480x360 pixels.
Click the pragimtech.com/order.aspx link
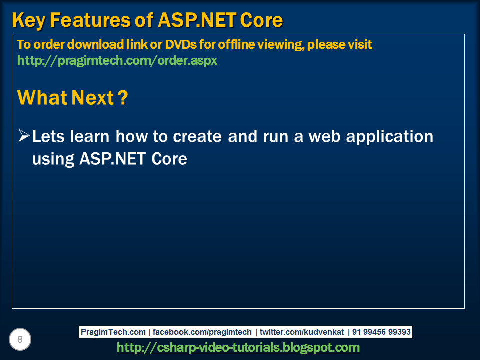click(117, 61)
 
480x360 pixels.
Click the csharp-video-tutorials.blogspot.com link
click(238, 347)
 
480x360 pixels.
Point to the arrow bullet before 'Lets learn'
click(23, 135)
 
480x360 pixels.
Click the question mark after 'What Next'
click(122, 98)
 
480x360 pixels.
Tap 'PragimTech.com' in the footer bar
click(113, 332)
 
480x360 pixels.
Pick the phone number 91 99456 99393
click(382, 332)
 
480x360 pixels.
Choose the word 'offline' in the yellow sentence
click(230, 44)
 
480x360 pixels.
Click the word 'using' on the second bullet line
click(53, 159)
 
